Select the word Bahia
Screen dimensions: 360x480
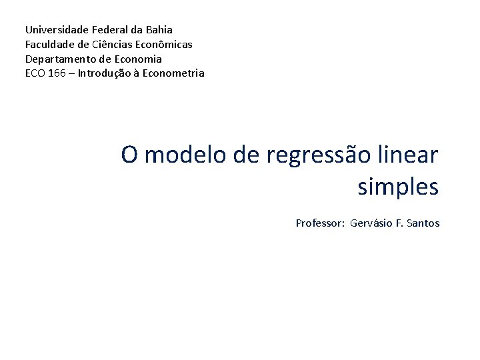(x=157, y=29)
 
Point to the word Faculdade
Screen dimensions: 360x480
(x=49, y=44)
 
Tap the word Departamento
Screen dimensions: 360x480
(x=59, y=59)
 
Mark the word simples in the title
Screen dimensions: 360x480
(x=398, y=188)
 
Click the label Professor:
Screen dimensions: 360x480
(x=320, y=223)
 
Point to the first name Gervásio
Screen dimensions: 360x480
(x=371, y=223)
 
